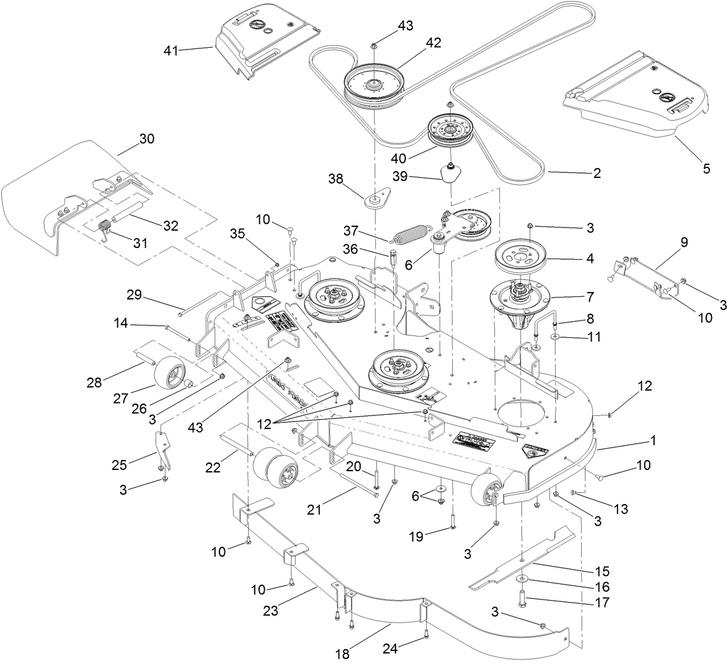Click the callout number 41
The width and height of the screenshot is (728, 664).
171,51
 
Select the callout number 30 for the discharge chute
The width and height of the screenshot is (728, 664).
146,139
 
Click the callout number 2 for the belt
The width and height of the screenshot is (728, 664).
597,174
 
